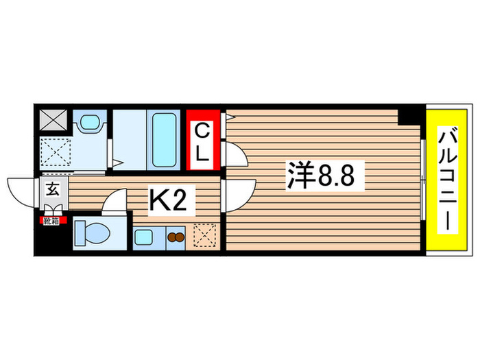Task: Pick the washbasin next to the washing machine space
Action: [x=90, y=123]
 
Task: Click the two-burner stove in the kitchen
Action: [x=176, y=238]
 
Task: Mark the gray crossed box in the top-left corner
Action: [x=52, y=121]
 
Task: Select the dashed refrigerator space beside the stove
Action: [x=204, y=237]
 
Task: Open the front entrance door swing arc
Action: [x=22, y=191]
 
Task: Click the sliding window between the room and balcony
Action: [x=424, y=182]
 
